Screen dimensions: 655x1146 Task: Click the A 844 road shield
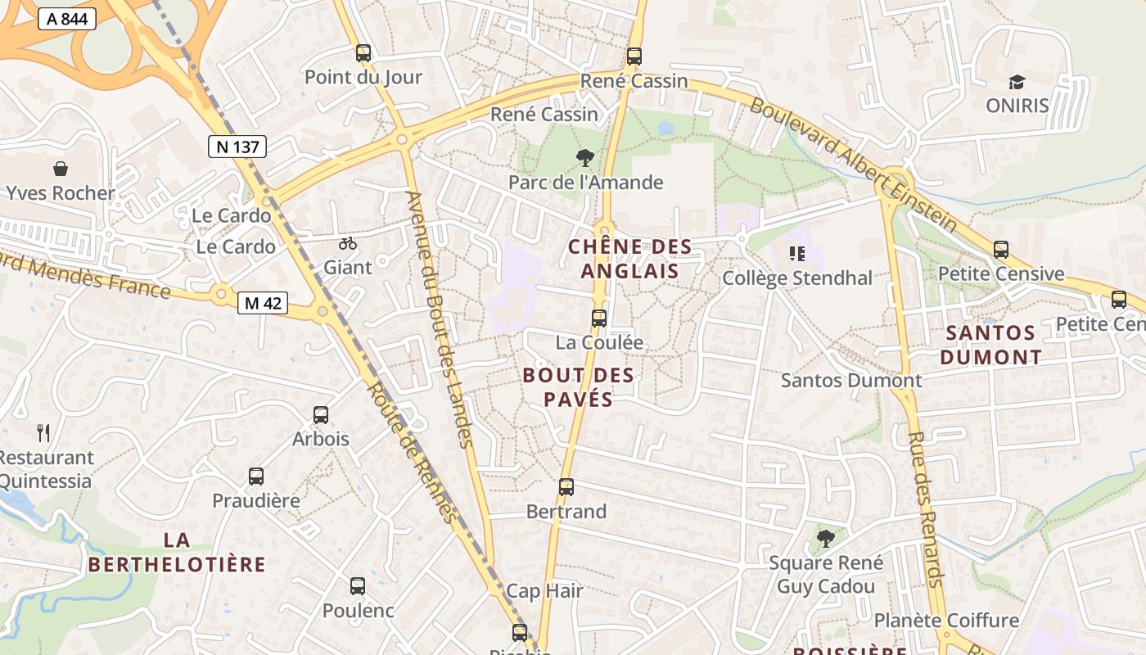click(x=67, y=19)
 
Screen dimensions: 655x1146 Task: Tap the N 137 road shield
click(x=237, y=147)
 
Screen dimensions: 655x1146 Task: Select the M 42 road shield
click(x=263, y=303)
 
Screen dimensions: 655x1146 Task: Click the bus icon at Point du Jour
click(x=363, y=54)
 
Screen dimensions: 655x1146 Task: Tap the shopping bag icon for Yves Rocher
click(x=61, y=169)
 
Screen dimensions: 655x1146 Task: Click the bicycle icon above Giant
click(x=348, y=243)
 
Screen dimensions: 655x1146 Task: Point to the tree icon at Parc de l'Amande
click(x=585, y=158)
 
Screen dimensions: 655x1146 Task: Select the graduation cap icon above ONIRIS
click(x=1017, y=82)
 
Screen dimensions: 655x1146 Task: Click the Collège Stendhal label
click(x=797, y=278)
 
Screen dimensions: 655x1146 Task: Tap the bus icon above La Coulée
click(x=599, y=318)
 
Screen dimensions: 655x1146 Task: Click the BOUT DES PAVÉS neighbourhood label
click(x=578, y=387)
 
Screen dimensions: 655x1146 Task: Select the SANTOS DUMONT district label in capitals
click(x=990, y=345)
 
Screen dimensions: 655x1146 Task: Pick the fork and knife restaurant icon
click(x=43, y=432)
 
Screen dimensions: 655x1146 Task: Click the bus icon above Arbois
click(x=321, y=415)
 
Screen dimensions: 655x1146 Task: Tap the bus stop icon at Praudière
click(x=256, y=477)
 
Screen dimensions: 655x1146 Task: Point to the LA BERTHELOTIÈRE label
click(x=177, y=552)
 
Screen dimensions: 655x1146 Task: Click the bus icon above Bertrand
click(x=566, y=487)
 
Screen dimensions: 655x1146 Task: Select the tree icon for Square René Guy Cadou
click(x=826, y=539)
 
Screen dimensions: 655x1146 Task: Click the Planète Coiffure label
click(x=946, y=620)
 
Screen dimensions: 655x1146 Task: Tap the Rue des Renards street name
click(x=927, y=508)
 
